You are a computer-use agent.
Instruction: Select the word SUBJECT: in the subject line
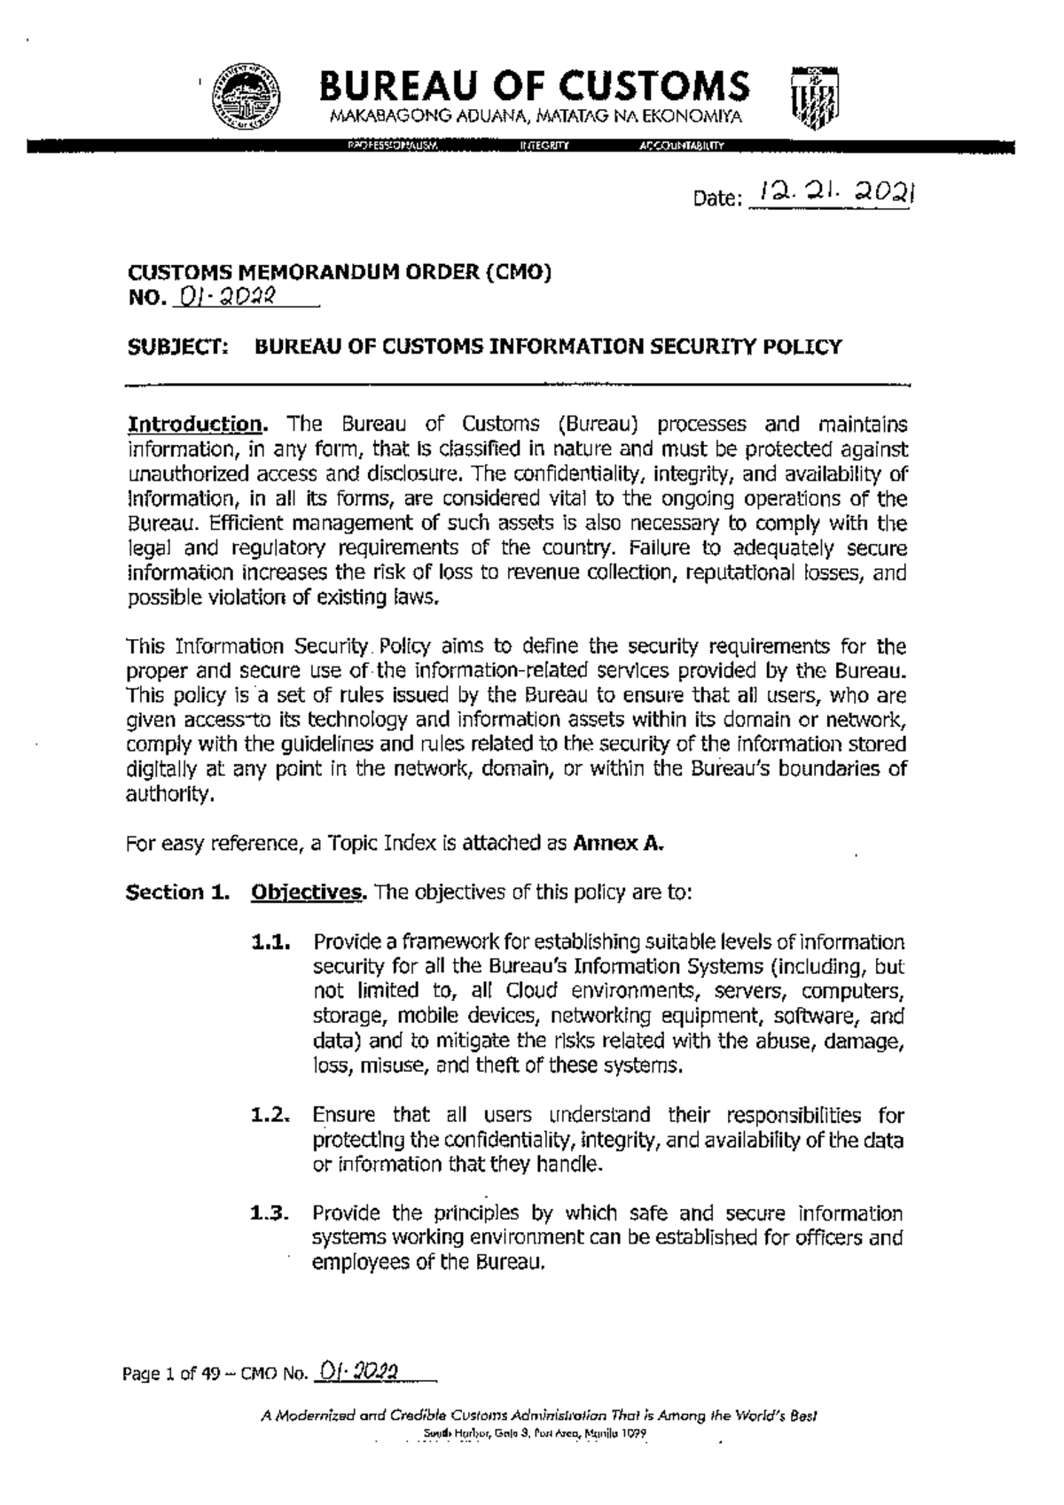(x=177, y=347)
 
